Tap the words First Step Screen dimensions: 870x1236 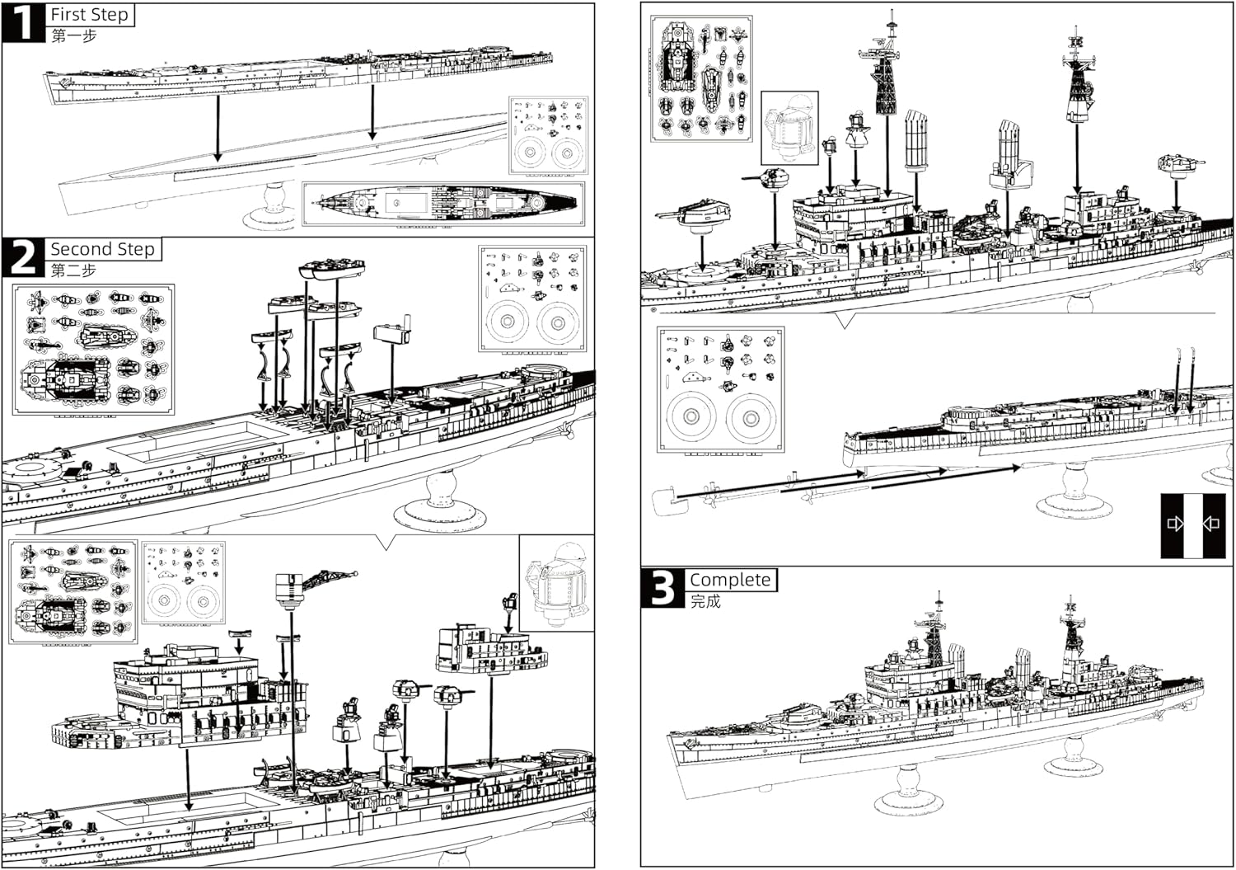89,15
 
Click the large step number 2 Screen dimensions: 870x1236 22,257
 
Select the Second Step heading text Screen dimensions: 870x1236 102,249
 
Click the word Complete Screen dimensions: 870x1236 730,580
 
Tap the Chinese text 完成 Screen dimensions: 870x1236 705,602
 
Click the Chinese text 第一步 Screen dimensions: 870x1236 73,36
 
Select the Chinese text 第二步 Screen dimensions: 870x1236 73,270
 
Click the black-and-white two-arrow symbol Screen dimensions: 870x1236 1192,524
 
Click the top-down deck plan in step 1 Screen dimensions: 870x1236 443,203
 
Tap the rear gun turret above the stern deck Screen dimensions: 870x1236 1177,165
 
